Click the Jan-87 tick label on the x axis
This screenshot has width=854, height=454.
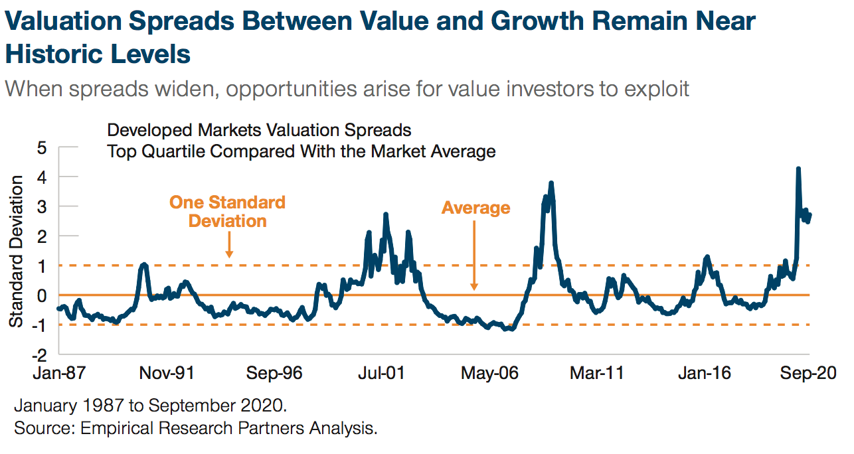click(x=60, y=373)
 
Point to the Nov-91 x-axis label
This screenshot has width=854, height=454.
click(x=167, y=373)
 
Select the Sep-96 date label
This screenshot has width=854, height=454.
click(x=274, y=373)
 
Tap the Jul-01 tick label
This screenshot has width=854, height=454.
click(x=382, y=373)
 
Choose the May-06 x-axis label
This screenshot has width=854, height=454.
click(x=489, y=373)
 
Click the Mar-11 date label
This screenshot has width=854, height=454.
click(x=596, y=373)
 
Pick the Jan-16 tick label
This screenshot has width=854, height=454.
click(x=704, y=373)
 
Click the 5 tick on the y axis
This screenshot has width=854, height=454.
click(x=42, y=147)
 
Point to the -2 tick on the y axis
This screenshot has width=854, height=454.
click(x=39, y=354)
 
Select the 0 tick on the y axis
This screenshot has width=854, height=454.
click(x=42, y=295)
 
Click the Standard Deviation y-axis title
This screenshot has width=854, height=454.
click(x=16, y=251)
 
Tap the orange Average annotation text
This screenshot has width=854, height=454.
click(x=475, y=208)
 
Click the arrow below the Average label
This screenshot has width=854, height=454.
click(x=475, y=256)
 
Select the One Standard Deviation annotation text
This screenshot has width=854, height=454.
click(x=228, y=212)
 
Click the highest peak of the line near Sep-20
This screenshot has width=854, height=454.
click(x=798, y=169)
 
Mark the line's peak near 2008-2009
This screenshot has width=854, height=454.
click(x=551, y=183)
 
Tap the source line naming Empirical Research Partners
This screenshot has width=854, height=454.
click(x=196, y=428)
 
